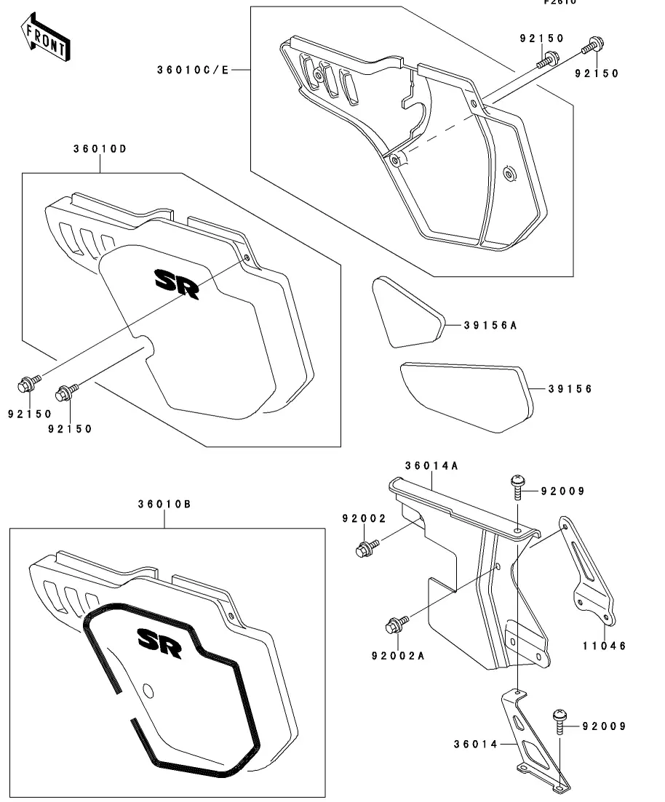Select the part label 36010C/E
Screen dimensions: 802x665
click(193, 70)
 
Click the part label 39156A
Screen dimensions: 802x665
click(490, 325)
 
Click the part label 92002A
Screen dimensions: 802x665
click(397, 655)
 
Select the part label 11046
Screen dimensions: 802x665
click(604, 645)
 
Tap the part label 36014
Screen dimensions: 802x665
click(474, 744)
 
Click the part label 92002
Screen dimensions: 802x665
click(364, 518)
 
